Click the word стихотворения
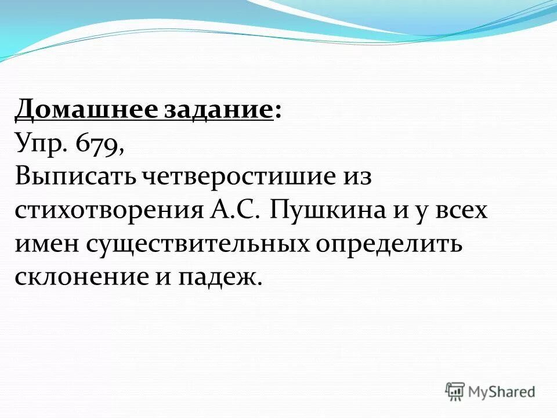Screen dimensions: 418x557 (107, 210)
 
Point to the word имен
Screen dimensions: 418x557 (46, 244)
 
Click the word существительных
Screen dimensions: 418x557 (198, 244)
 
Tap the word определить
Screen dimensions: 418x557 (389, 244)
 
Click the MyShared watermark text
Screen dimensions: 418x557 (502, 391)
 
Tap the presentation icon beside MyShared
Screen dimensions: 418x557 (455, 391)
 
